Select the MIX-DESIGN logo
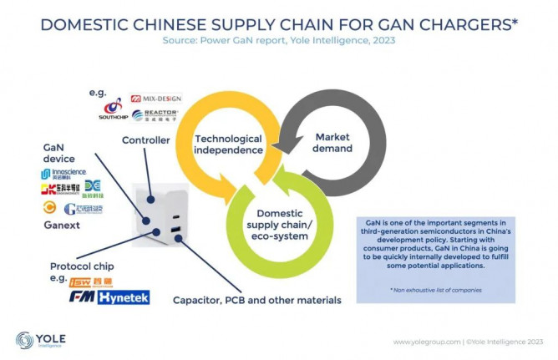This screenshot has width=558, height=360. pos(153,98)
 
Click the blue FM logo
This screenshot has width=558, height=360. pos(82,297)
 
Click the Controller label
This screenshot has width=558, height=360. pos(146,140)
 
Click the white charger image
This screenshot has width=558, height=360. pos(159,208)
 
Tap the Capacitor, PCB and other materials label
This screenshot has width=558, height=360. pos(256,299)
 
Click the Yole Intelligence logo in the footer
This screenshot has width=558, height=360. pos(42,341)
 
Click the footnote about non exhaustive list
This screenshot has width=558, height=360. pos(434,288)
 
